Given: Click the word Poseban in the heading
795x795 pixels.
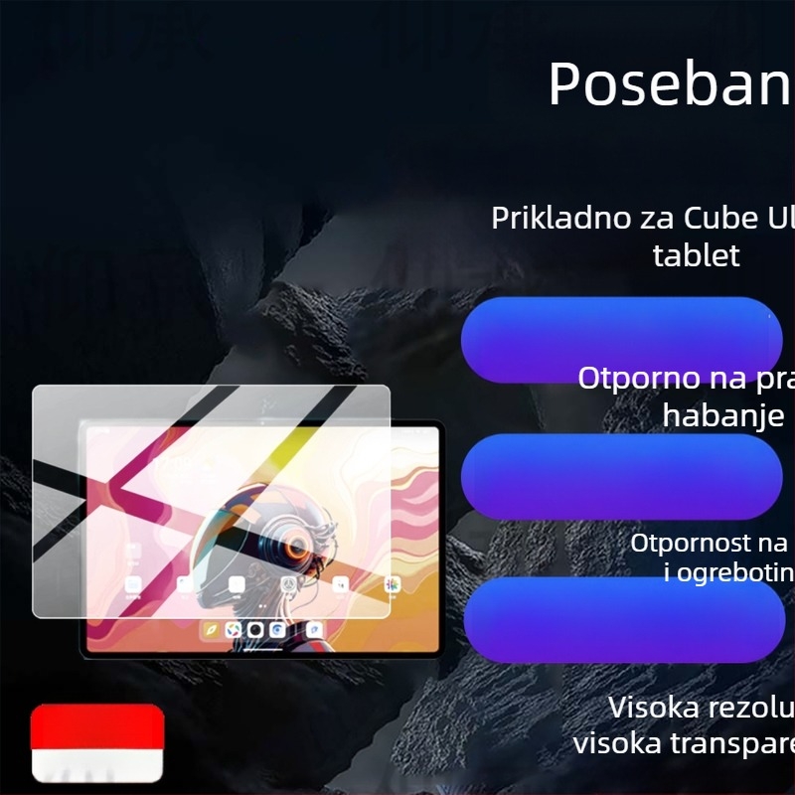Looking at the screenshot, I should click(x=669, y=84).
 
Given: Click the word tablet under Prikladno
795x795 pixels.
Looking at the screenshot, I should click(x=696, y=255).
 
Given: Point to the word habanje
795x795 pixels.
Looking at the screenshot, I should click(x=723, y=415).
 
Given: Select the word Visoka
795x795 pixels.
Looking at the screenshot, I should click(x=657, y=708).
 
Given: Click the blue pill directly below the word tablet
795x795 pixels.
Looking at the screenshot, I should click(x=622, y=340).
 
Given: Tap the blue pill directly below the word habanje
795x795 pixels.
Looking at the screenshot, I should click(x=622, y=475).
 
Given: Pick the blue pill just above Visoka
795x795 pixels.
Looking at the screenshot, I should click(x=624, y=621).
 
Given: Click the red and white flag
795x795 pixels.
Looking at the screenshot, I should click(x=97, y=742).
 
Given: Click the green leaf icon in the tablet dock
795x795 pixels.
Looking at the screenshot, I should click(x=211, y=629).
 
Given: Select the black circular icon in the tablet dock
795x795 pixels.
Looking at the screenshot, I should click(x=255, y=629).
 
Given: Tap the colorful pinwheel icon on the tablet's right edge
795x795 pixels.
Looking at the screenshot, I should click(x=393, y=584).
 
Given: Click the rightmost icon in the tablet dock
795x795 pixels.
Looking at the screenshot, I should click(x=314, y=629).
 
